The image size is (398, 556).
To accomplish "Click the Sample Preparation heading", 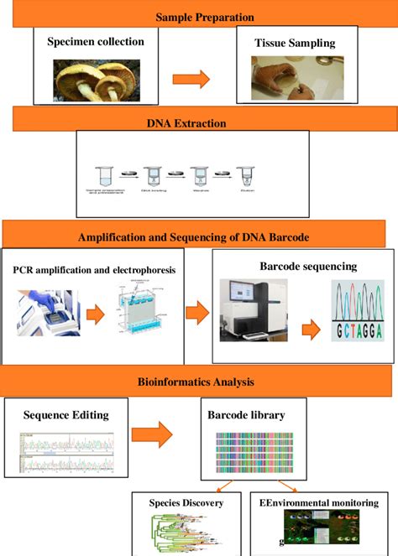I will [205, 16].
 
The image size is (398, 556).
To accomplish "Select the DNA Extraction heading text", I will [197, 123].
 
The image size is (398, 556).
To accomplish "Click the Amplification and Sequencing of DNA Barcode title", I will [198, 237].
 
